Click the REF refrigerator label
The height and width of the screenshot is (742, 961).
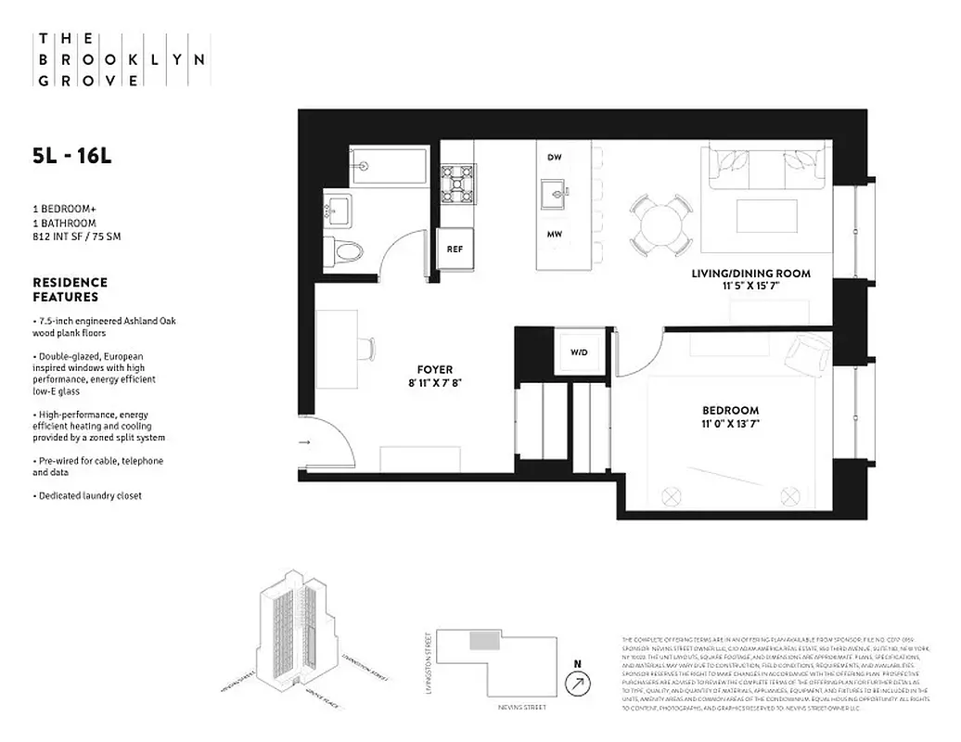pos(455,249)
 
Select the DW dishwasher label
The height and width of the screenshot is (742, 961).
pos(555,158)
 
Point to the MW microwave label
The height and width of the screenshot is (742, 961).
pos(555,235)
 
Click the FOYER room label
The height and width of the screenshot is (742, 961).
pos(435,369)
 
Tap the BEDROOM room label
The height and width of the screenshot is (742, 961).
pos(730,410)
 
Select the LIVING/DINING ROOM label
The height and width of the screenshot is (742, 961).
pos(750,274)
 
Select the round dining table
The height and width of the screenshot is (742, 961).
pos(660,222)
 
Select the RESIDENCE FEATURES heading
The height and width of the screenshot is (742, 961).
pos(70,289)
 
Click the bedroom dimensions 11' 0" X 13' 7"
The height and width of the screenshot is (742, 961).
pos(730,426)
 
